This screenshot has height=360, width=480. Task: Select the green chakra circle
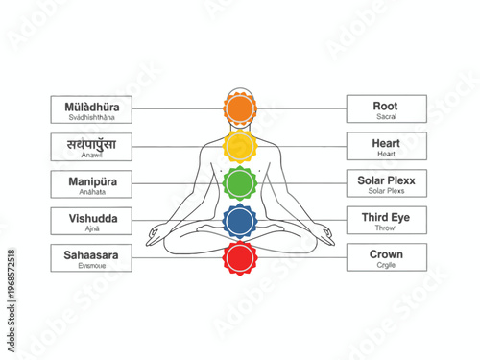pyautogui.click(x=239, y=181)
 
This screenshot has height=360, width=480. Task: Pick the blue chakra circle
pyautogui.click(x=239, y=221)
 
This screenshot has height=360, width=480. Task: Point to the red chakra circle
pyautogui.click(x=239, y=257)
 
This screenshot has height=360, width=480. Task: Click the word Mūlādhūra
pyautogui.click(x=92, y=106)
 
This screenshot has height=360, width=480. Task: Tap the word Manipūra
pyautogui.click(x=92, y=180)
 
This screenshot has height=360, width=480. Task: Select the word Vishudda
pyautogui.click(x=93, y=218)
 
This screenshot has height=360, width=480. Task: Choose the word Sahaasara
pyautogui.click(x=93, y=254)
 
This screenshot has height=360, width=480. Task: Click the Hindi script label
pyautogui.click(x=93, y=143)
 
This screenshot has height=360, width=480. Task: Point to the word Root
pyautogui.click(x=387, y=106)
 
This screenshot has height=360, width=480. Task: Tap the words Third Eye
pyautogui.click(x=386, y=218)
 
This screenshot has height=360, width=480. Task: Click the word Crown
pyautogui.click(x=387, y=254)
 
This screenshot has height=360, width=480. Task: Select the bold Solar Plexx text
pyautogui.click(x=387, y=180)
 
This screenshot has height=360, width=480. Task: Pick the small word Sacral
pyautogui.click(x=387, y=117)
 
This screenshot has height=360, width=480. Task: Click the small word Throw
pyautogui.click(x=387, y=229)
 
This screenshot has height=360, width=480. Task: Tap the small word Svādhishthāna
pyautogui.click(x=93, y=117)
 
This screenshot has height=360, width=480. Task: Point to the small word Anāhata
pyautogui.click(x=93, y=191)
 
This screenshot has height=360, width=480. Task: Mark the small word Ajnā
pyautogui.click(x=93, y=229)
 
